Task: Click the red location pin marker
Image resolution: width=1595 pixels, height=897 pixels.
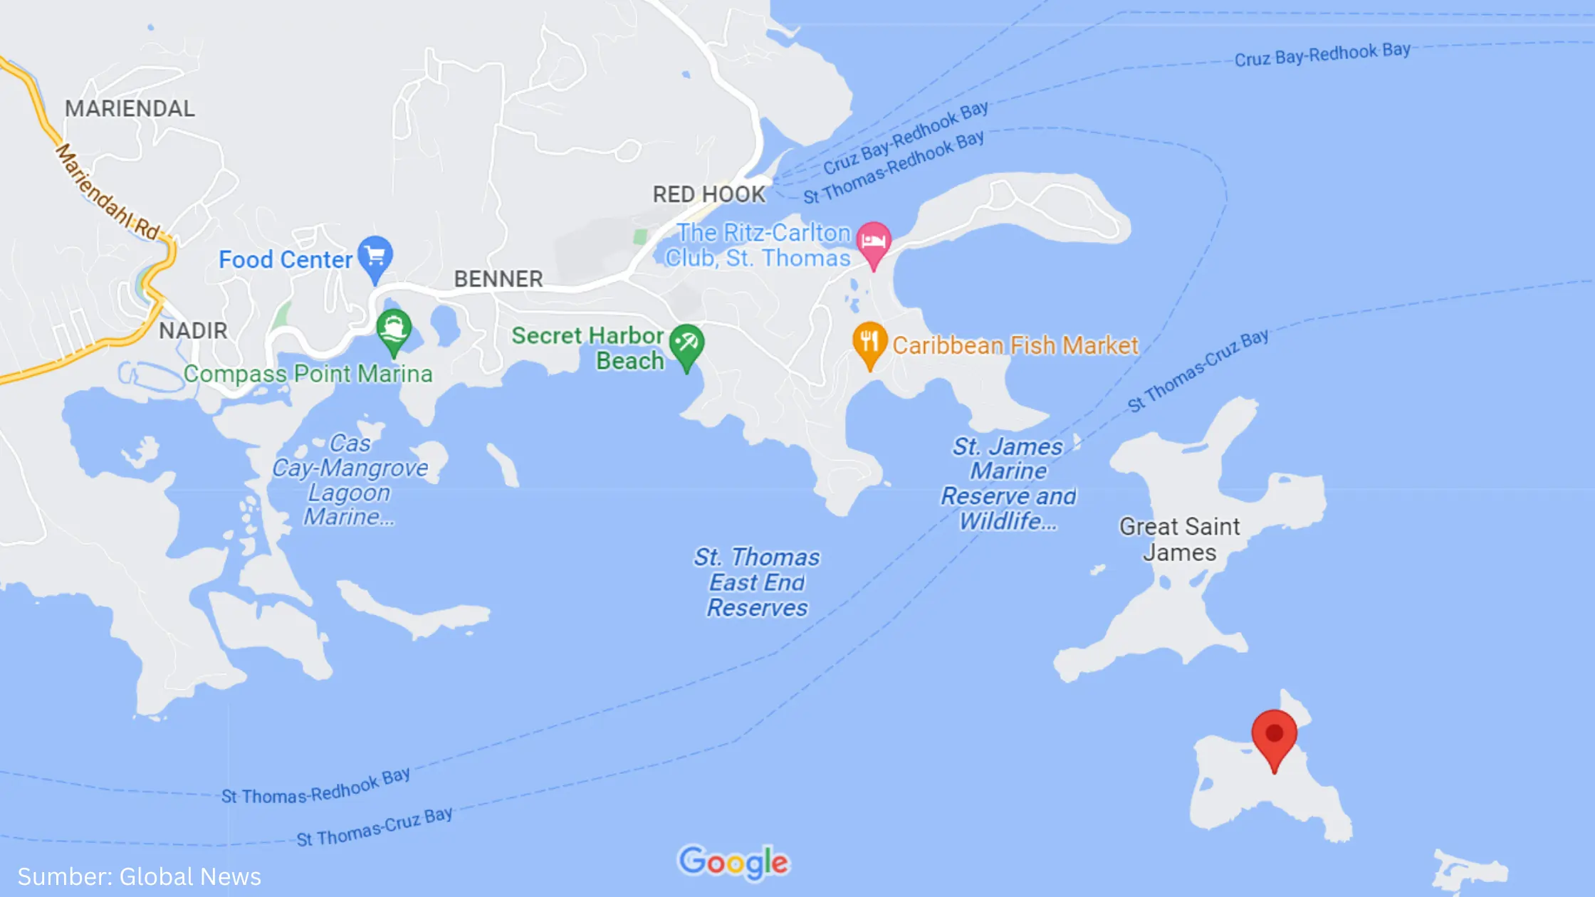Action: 1274,736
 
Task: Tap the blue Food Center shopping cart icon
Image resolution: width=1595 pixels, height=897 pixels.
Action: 375,256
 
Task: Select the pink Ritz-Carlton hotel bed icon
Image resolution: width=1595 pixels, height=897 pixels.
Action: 873,241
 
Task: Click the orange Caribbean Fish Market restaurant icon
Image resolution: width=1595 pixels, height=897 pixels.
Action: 869,342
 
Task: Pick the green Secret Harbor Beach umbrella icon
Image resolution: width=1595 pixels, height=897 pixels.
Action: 686,345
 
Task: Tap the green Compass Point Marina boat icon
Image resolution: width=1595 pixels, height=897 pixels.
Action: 394,330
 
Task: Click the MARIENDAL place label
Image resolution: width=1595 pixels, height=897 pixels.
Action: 130,109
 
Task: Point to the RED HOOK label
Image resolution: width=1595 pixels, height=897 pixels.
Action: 708,194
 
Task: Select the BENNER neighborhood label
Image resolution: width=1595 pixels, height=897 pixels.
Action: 498,279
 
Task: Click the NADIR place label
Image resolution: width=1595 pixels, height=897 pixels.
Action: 193,331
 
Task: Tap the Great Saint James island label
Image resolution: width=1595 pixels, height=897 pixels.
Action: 1179,540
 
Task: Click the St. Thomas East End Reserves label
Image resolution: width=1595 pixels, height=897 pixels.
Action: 757,582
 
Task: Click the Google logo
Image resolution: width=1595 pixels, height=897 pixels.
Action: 733,862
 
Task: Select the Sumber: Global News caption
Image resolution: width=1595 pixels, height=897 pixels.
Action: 140,876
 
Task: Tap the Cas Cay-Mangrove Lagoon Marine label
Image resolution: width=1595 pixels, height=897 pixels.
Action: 350,480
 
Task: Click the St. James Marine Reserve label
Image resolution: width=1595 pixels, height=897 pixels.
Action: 1008,484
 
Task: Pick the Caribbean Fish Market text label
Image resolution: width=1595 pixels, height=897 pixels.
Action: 1015,346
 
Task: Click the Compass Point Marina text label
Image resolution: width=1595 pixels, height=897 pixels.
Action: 308,374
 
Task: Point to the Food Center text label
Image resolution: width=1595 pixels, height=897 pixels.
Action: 286,260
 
